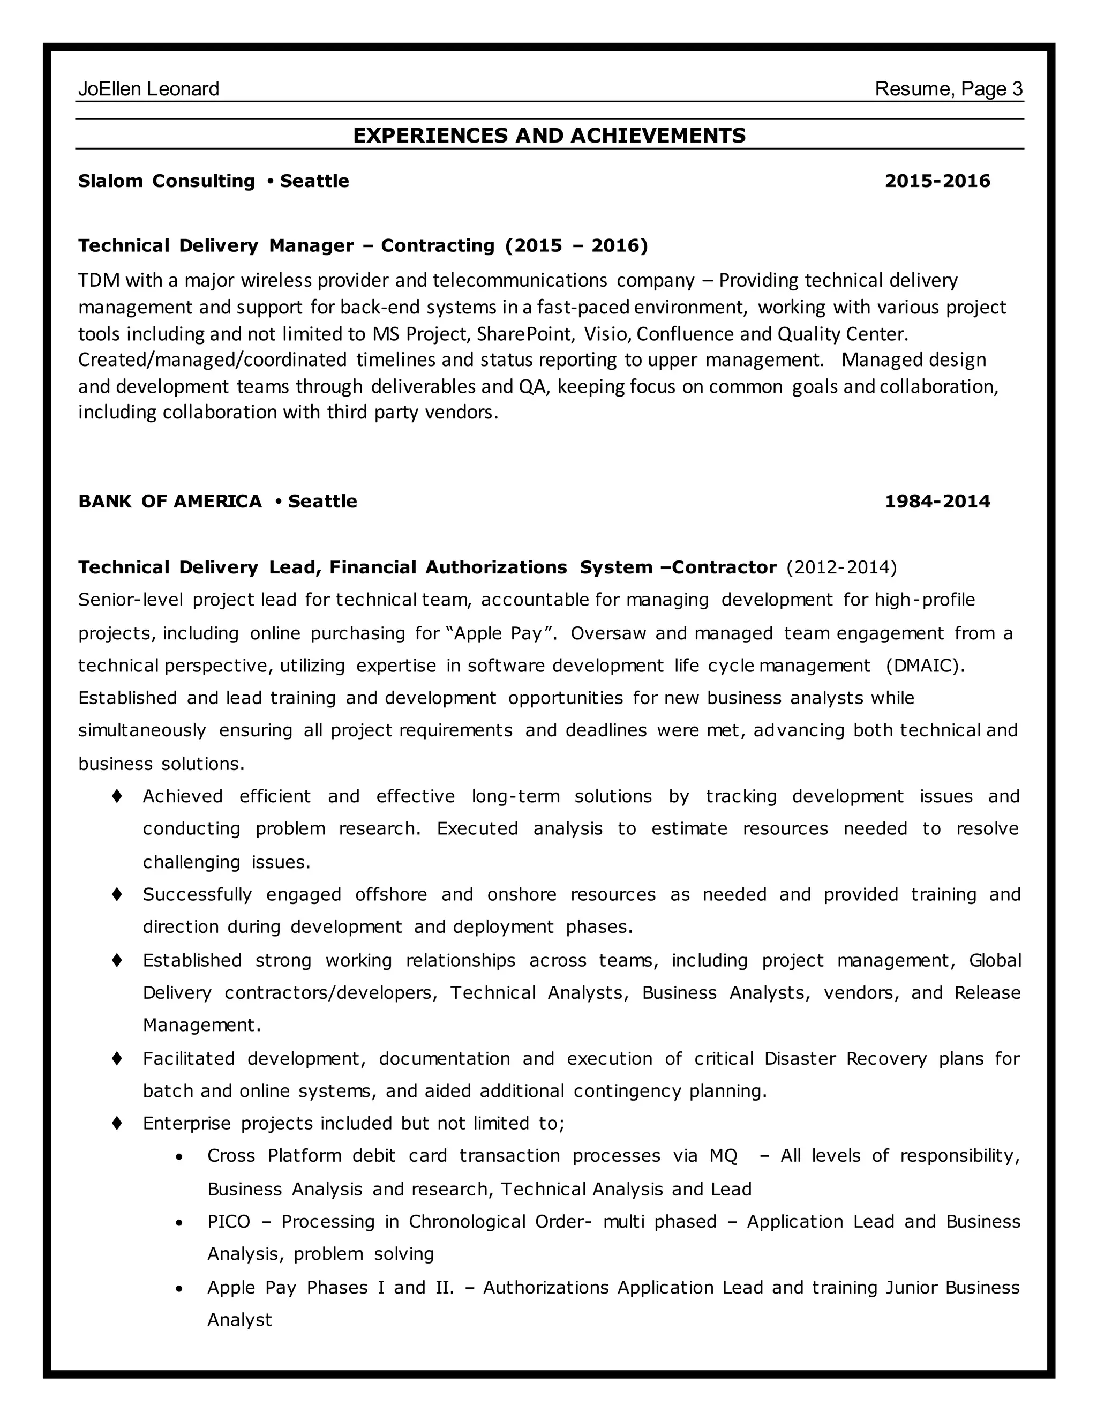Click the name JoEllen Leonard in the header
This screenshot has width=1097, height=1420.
click(148, 89)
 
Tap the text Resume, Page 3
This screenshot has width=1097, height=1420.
click(948, 89)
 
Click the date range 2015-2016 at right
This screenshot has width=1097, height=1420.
click(937, 181)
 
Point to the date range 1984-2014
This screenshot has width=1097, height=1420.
click(937, 502)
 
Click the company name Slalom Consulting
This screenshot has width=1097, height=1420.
click(167, 181)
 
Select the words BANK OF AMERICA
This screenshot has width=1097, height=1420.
click(170, 502)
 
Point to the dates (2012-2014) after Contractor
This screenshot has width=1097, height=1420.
click(841, 567)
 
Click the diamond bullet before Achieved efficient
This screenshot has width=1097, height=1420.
click(117, 796)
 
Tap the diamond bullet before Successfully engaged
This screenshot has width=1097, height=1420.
click(117, 894)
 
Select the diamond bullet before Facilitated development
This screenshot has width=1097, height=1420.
click(117, 1058)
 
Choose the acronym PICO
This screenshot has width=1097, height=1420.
click(228, 1222)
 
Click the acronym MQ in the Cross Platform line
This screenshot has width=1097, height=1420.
click(723, 1155)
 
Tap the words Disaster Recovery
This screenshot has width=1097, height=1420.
click(845, 1058)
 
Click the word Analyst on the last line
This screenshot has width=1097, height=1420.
click(239, 1320)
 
